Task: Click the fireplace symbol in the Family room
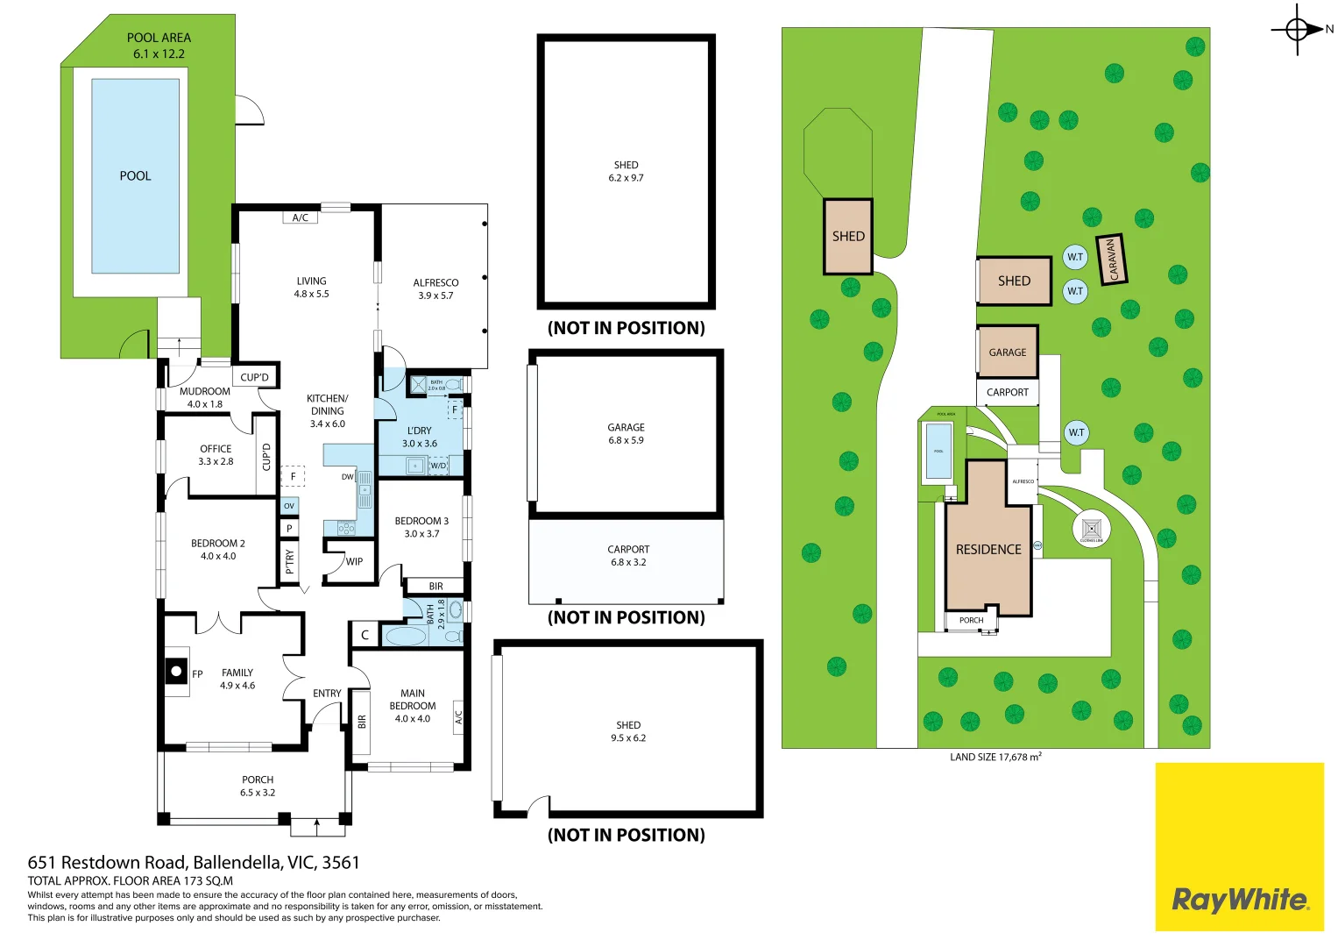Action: coord(176,672)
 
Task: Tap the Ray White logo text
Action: coord(1239,900)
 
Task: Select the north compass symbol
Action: coord(1299,30)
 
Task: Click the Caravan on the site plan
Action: coord(1111,260)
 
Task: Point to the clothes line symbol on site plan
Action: coord(1091,529)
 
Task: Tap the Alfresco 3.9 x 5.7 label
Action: coord(435,289)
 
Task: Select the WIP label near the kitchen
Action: coord(354,562)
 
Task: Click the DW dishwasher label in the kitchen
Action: coord(348,477)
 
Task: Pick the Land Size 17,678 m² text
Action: coord(995,757)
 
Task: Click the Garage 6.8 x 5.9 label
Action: coord(626,434)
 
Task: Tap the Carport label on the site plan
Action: coord(1007,392)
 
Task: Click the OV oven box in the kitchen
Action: coord(289,506)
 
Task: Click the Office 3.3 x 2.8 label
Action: coord(216,455)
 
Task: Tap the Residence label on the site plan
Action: coord(988,550)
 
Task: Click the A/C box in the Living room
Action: coord(300,217)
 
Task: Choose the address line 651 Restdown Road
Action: coord(194,863)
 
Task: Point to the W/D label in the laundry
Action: coord(438,466)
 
